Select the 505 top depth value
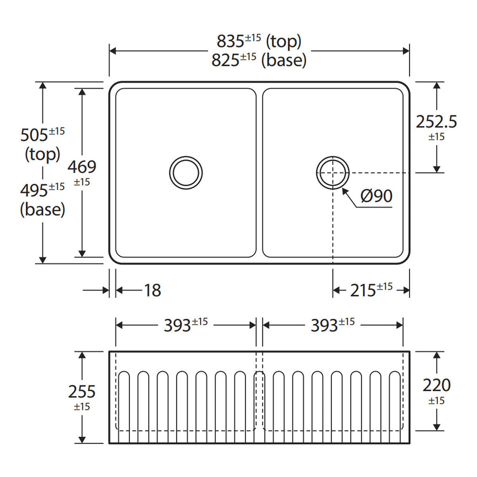pyautogui.click(x=42, y=134)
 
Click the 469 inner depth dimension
pyautogui.click(x=82, y=172)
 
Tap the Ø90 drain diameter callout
pyautogui.click(x=376, y=196)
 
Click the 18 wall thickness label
pyautogui.click(x=153, y=290)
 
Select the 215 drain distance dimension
pyautogui.click(x=371, y=290)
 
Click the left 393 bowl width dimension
pyautogui.click(x=186, y=325)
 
